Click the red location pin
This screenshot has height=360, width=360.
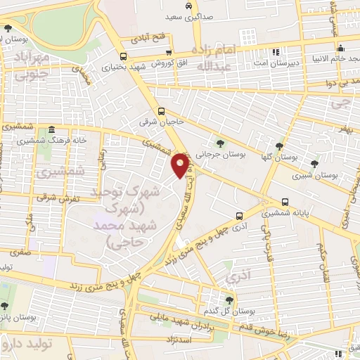click(181, 165)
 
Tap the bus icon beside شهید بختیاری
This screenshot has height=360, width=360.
click(124, 57)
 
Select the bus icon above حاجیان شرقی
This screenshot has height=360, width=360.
click(162, 111)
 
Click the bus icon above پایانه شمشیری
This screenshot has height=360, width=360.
click(285, 200)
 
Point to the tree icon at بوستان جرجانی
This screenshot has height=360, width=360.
click(221, 144)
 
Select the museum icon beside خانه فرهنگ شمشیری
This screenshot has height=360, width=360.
click(52, 129)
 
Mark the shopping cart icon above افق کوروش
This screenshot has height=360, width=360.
click(168, 51)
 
